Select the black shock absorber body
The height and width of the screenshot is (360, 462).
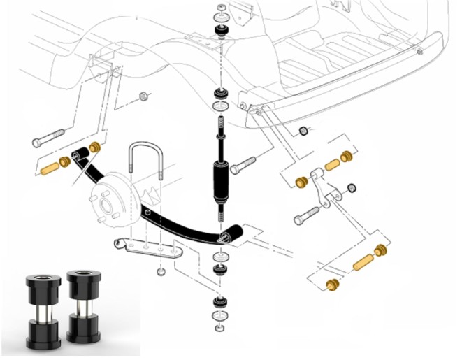pyautogui.click(x=220, y=181)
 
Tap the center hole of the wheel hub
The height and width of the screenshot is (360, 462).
pyautogui.click(x=106, y=206)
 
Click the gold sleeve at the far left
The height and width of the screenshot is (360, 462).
pyautogui.click(x=49, y=169)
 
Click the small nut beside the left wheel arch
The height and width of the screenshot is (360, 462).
pyautogui.click(x=143, y=96)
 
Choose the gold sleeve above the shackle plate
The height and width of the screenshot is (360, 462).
pyautogui.click(x=332, y=165)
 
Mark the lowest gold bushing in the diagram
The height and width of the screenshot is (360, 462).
pyautogui.click(x=333, y=285)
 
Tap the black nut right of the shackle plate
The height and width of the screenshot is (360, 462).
pyautogui.click(x=352, y=188)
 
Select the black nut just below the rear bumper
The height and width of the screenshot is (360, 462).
pyautogui.click(x=304, y=132)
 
